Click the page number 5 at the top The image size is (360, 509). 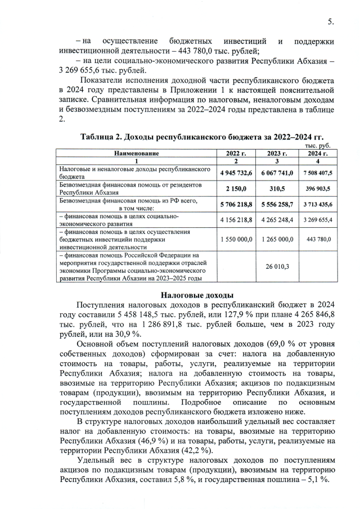[x=331, y=22]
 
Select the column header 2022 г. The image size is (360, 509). [x=236, y=153]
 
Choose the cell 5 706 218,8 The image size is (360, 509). [x=236, y=204]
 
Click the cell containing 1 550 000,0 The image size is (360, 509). [x=236, y=239]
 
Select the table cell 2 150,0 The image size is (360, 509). [x=236, y=188]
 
